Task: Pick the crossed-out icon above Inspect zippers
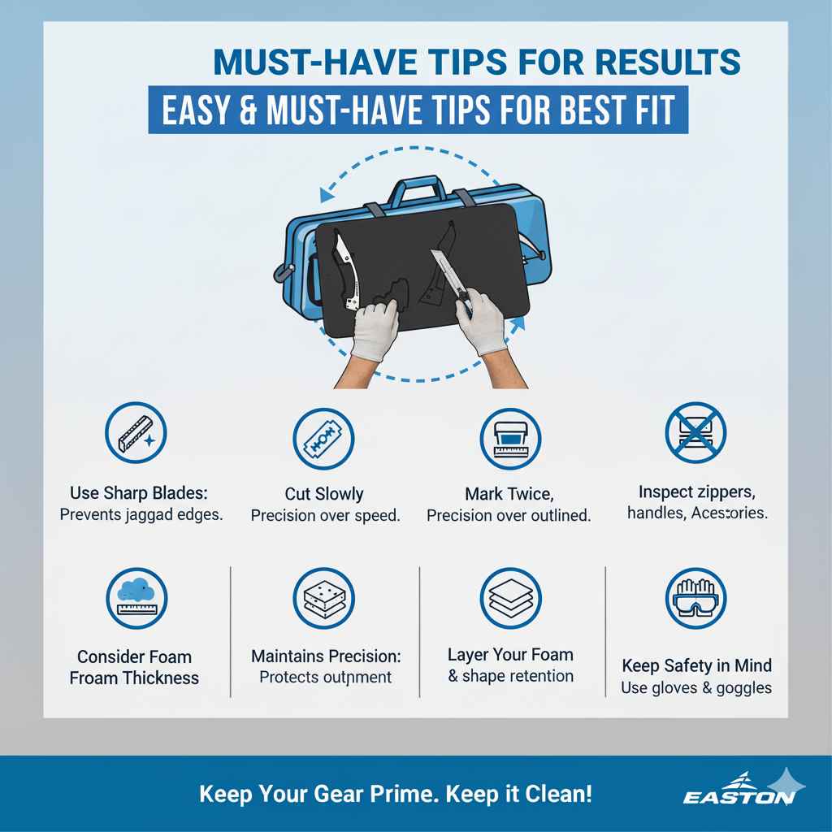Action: click(695, 432)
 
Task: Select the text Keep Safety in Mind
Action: click(696, 665)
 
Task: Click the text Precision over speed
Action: click(325, 516)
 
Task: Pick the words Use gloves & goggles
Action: click(696, 688)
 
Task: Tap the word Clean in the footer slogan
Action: click(556, 793)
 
